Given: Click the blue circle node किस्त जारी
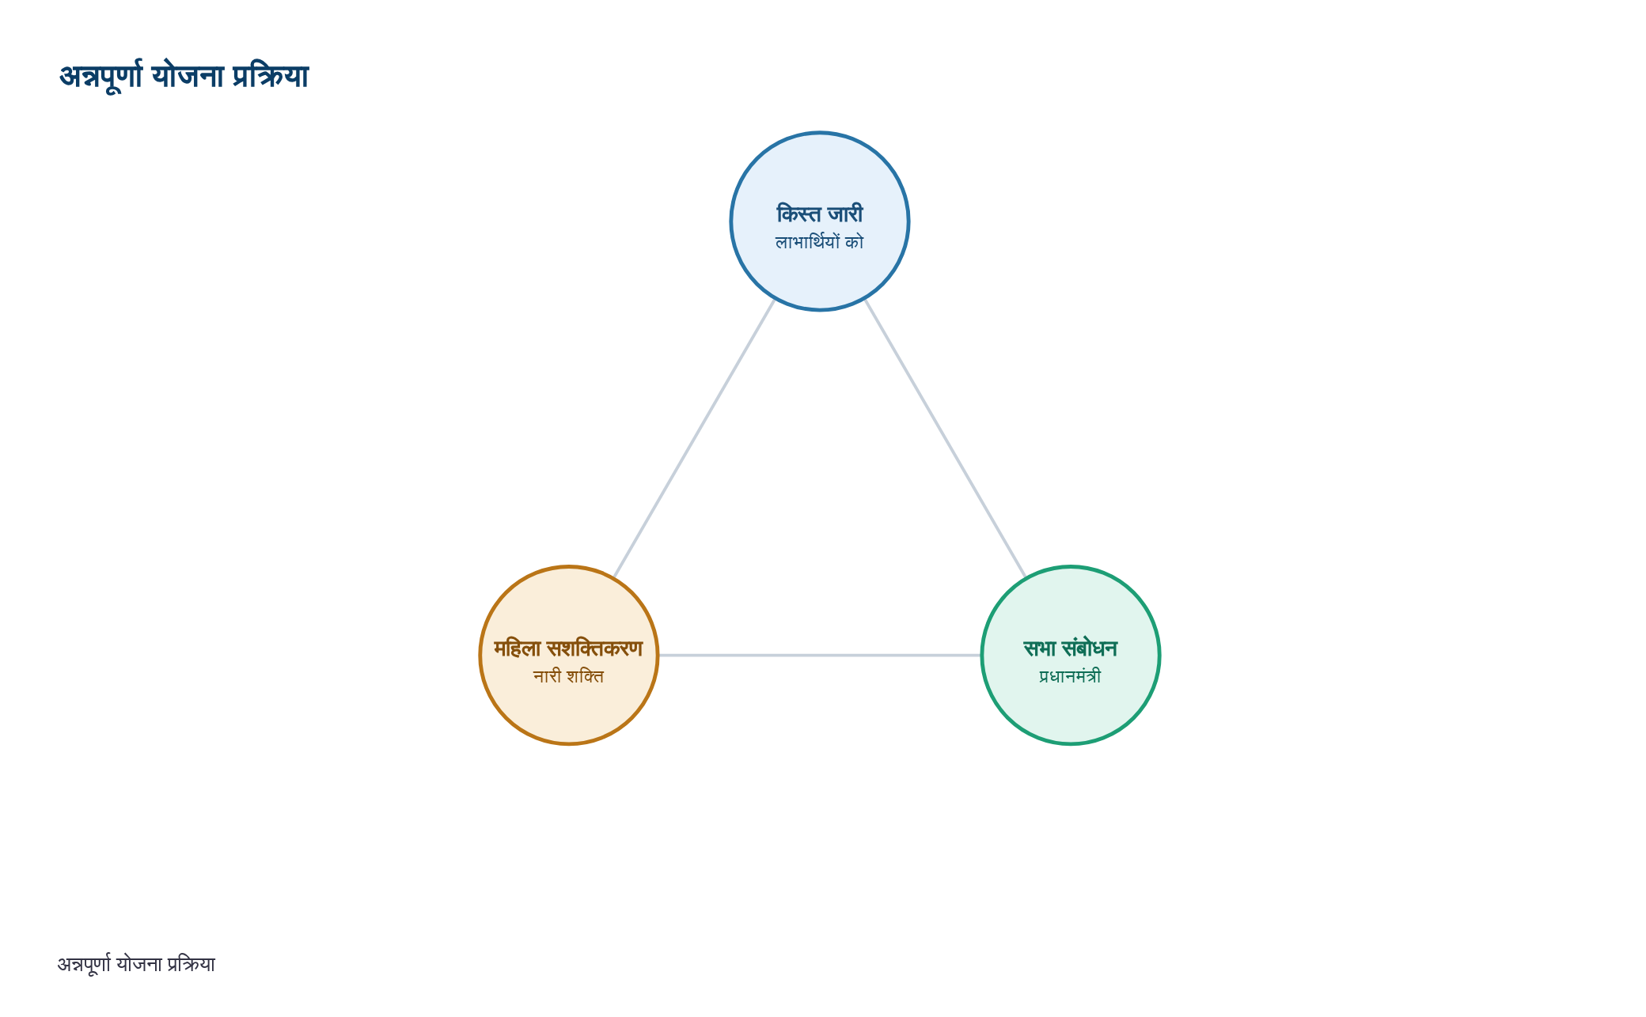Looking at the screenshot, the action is (x=820, y=221).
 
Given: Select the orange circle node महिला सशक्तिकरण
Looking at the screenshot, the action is (x=569, y=656).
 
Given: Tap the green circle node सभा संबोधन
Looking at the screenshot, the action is (x=1071, y=656).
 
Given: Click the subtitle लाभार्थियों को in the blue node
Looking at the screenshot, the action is (x=820, y=242).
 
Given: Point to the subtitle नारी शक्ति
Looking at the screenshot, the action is (x=569, y=676).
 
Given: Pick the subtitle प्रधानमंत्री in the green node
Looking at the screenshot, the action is (x=1071, y=676).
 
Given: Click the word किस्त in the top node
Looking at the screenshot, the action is (x=798, y=214).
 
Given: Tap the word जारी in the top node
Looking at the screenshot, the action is (x=845, y=214).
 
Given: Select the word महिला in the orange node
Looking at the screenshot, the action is (x=518, y=648).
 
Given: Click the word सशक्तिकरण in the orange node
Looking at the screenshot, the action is (x=595, y=648).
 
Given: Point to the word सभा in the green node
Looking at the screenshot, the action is (x=1040, y=648).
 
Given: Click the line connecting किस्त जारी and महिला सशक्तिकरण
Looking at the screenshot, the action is (x=694, y=439).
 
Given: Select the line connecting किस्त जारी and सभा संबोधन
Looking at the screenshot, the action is (x=946, y=439).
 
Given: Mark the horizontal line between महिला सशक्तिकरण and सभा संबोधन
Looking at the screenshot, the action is (x=820, y=656).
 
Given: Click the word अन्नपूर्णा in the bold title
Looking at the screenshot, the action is (x=101, y=77).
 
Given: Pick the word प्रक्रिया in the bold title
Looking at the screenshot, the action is (x=270, y=77).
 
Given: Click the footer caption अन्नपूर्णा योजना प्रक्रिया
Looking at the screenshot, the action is (x=136, y=965).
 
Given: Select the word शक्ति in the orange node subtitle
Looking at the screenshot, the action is (x=586, y=676).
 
